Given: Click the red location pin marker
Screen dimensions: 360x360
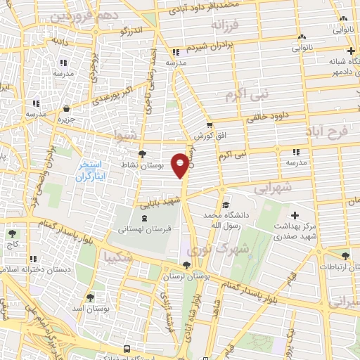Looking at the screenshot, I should [x=181, y=166].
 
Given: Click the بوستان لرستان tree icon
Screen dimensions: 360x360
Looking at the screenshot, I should [x=186, y=265].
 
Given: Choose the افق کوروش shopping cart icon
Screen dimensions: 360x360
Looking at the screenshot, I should [x=210, y=124].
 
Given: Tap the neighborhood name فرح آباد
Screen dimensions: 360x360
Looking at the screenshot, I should [x=327, y=131].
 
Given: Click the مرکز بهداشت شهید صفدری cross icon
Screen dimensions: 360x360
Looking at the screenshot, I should [x=295, y=214].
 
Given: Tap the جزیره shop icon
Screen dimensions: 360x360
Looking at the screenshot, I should [x=66, y=109].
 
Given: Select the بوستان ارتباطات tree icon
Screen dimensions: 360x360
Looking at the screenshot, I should [x=345, y=257].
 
